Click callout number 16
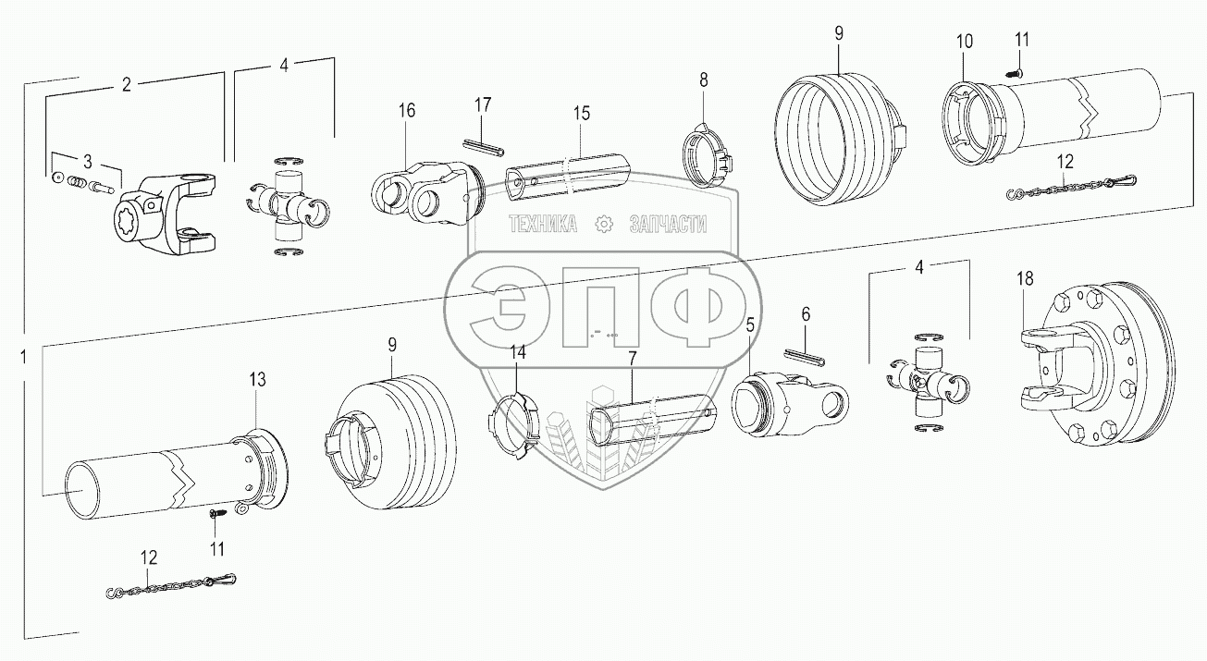pyautogui.click(x=407, y=111)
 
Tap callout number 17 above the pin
pyautogui.click(x=484, y=105)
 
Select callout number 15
pyautogui.click(x=581, y=114)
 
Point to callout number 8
pyautogui.click(x=703, y=81)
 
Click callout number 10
pyautogui.click(x=965, y=42)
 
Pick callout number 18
pyautogui.click(x=1025, y=277)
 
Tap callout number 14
pyautogui.click(x=517, y=352)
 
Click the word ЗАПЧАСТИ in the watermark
pyautogui.click(x=667, y=224)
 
